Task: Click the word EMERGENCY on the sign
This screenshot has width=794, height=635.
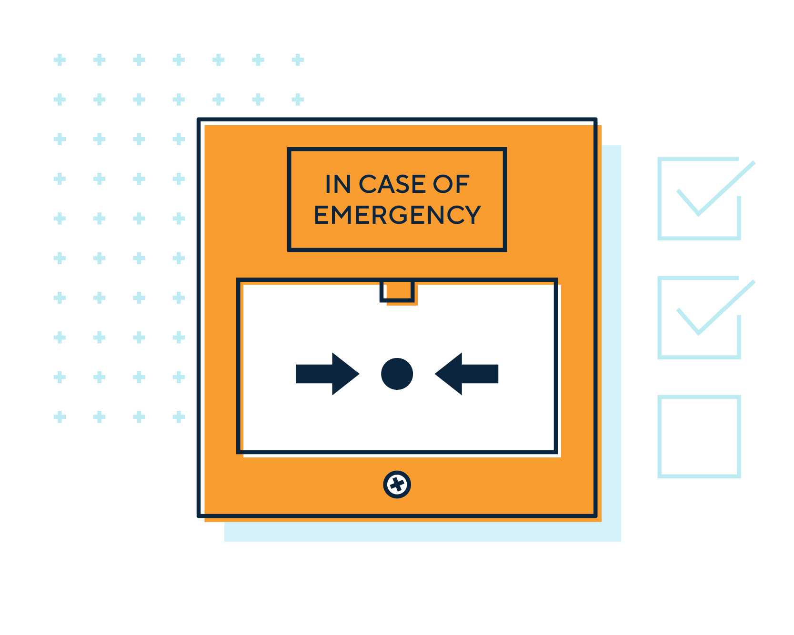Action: [397, 215]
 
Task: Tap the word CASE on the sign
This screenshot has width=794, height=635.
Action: [392, 184]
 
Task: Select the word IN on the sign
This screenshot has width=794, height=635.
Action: [338, 184]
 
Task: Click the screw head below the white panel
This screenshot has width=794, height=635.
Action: [397, 485]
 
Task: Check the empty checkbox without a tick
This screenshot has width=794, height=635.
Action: [699, 436]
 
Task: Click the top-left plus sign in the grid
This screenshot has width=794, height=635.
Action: [60, 60]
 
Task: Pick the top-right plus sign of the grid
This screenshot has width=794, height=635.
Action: [298, 60]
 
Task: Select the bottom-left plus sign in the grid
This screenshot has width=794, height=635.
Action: [60, 417]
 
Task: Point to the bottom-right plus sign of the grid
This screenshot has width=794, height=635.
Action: [179, 417]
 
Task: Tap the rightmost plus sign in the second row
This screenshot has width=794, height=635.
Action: [298, 99]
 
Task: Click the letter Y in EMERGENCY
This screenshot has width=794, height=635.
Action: [472, 215]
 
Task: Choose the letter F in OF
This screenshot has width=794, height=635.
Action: [463, 184]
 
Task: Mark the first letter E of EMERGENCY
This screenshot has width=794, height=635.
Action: [321, 215]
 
